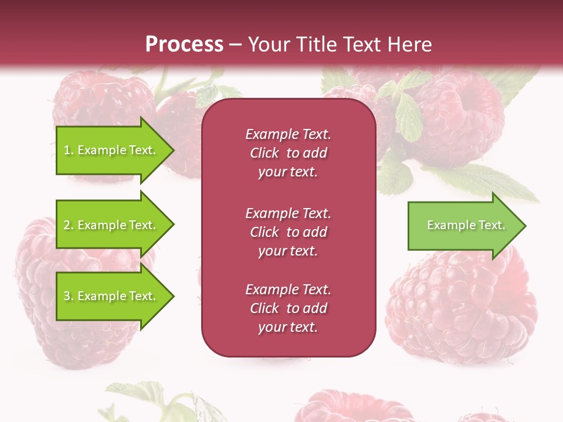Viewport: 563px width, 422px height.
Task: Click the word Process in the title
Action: tap(184, 45)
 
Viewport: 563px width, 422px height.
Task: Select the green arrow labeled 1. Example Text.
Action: tap(111, 150)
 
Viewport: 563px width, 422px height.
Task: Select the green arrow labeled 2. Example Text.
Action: tap(111, 225)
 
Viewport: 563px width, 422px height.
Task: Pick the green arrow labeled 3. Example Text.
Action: tap(111, 296)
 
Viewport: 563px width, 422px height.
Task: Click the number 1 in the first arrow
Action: tap(67, 151)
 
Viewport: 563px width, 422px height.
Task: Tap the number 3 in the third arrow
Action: tap(67, 297)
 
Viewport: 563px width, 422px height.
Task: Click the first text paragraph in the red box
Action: tap(288, 153)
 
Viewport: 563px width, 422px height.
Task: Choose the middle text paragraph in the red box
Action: tap(288, 232)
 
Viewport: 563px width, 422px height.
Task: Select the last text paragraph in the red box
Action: tap(288, 308)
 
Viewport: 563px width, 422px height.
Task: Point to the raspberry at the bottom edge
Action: tap(352, 407)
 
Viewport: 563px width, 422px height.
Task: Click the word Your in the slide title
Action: tap(267, 45)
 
